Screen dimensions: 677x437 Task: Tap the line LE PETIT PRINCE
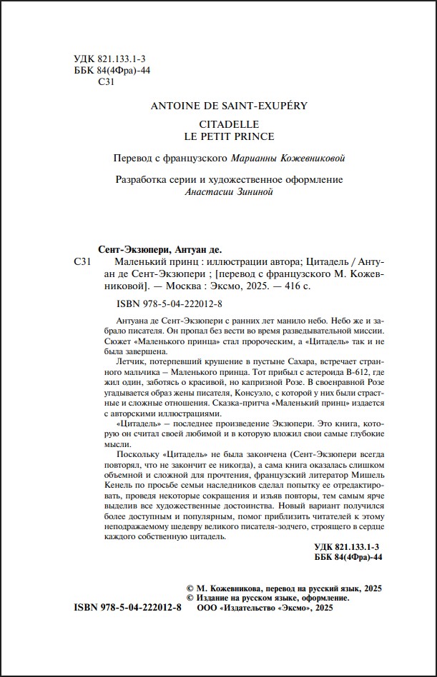(x=219, y=136)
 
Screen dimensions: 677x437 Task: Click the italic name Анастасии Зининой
(x=219, y=191)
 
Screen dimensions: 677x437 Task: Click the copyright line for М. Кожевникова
(x=283, y=587)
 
